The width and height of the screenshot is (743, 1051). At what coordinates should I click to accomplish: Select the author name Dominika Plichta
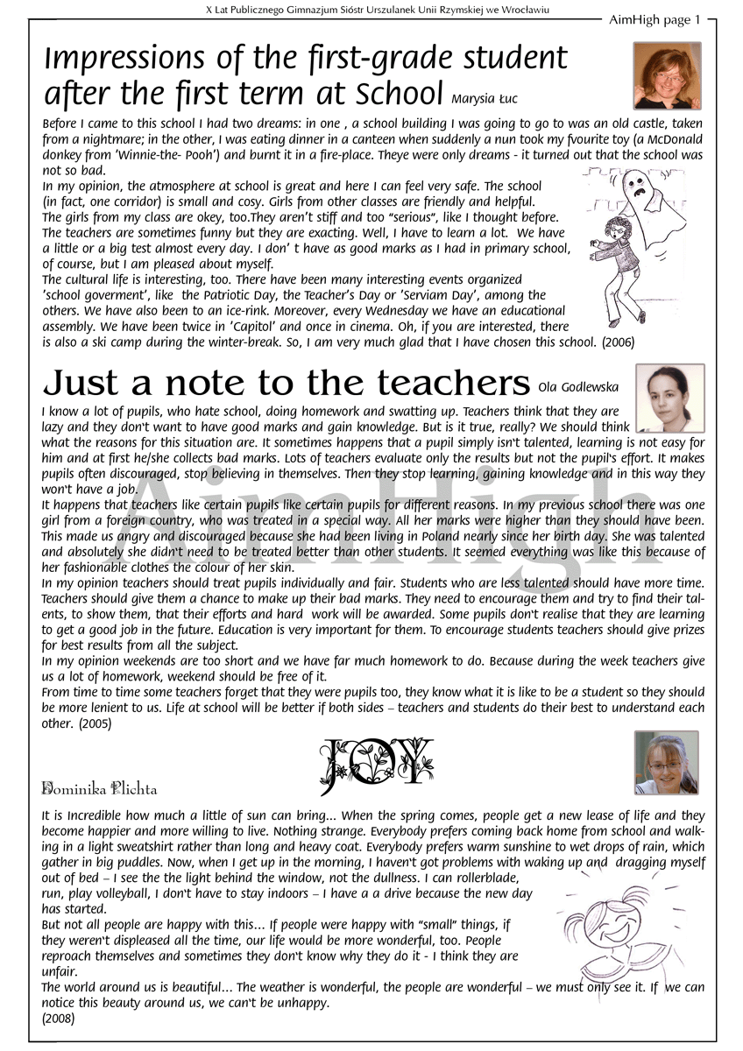click(x=100, y=789)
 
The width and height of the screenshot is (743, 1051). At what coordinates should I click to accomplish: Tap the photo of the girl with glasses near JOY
click(x=666, y=762)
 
